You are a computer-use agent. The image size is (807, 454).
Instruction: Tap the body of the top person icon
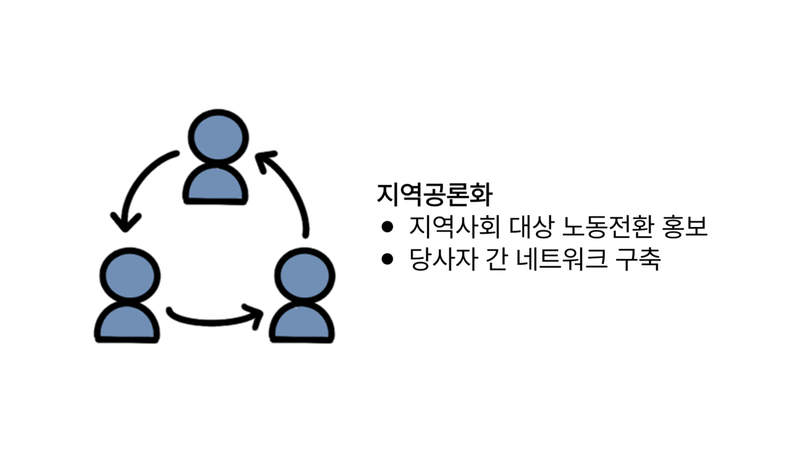(216, 184)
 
